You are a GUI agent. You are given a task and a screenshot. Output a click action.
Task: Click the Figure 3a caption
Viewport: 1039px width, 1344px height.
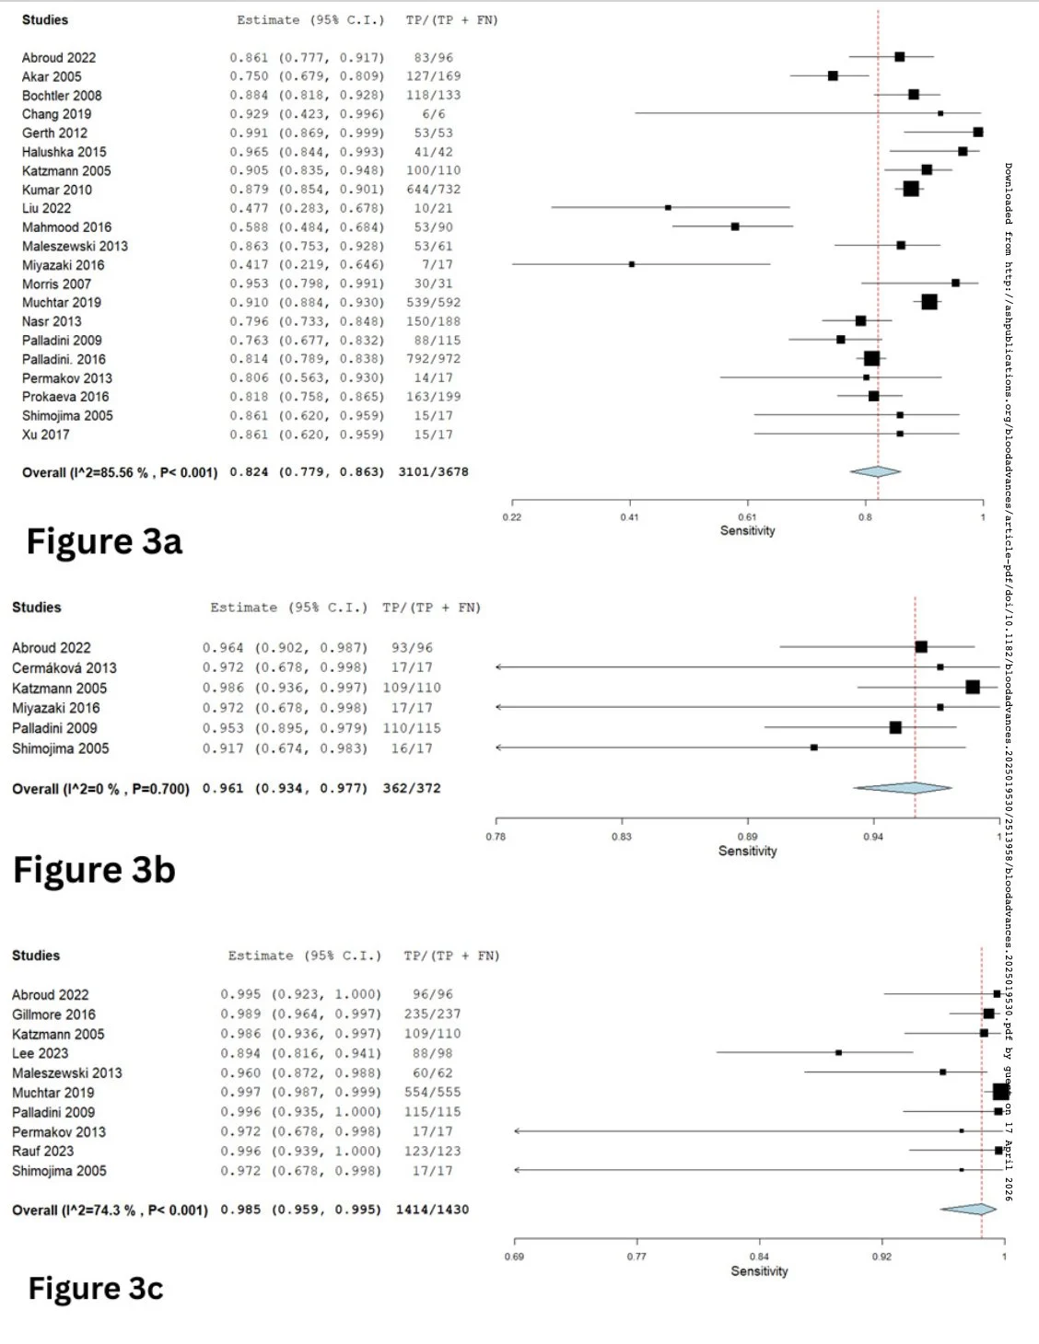coord(104,542)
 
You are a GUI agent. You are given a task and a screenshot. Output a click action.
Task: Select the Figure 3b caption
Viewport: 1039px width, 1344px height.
coord(94,870)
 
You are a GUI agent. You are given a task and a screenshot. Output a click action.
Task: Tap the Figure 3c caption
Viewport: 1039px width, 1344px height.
coord(96,1289)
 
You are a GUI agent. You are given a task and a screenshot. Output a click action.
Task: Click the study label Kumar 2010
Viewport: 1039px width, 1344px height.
coord(57,190)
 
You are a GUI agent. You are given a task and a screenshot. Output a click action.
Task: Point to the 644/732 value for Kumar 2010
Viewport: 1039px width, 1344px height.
coord(433,190)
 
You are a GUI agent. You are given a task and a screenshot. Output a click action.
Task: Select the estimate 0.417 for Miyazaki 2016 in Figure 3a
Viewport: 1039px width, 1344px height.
coord(249,265)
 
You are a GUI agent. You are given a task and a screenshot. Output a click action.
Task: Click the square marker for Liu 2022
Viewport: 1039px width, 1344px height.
coord(668,208)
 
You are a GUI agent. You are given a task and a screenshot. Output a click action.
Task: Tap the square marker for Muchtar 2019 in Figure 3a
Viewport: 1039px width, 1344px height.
coord(929,302)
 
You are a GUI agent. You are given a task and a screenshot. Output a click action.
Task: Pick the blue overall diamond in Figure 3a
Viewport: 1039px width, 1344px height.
coord(875,471)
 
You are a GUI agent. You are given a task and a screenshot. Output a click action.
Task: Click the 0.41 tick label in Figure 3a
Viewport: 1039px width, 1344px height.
coord(629,517)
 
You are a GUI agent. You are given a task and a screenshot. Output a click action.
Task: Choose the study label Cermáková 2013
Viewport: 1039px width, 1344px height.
coord(64,668)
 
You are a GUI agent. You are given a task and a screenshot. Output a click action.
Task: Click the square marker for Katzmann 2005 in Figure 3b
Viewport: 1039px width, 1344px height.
coord(973,687)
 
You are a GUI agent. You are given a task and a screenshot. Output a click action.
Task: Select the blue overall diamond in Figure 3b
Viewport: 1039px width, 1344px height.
coord(903,788)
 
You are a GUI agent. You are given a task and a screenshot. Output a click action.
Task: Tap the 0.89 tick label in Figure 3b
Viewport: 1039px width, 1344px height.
coord(747,837)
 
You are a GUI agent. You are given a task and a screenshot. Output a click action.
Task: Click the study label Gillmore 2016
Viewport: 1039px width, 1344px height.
coord(53,1014)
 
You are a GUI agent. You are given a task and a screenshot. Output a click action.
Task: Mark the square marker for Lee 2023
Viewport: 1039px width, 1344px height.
coord(838,1052)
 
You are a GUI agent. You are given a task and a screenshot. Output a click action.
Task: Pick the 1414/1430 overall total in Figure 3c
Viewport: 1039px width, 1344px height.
coord(432,1210)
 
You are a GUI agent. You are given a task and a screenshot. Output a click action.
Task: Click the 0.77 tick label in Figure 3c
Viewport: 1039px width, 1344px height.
coord(636,1257)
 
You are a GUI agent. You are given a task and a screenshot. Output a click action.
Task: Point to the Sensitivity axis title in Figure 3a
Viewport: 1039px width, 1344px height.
coord(747,531)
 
